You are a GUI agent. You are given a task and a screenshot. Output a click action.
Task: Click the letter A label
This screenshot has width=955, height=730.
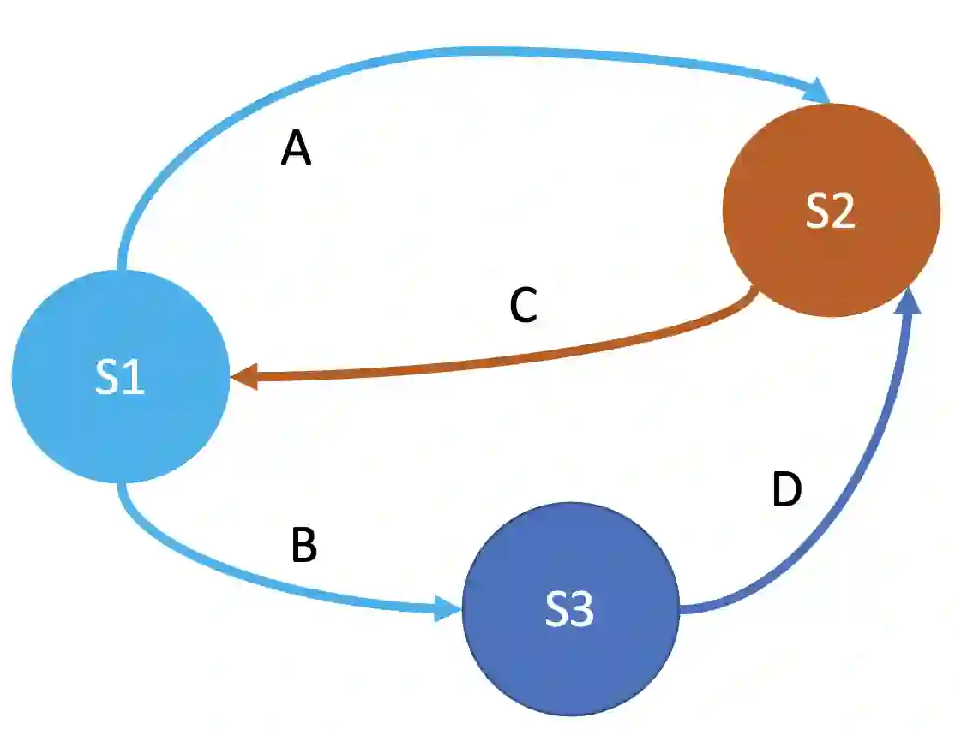pos(297,150)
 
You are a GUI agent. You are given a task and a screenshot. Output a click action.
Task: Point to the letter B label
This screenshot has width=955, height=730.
pos(304,545)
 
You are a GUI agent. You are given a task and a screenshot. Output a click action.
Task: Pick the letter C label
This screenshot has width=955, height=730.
pos(523,306)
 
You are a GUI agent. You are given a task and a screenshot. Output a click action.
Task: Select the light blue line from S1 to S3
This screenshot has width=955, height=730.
pos(257,583)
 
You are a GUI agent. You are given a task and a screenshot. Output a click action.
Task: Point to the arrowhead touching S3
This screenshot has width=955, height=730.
pos(447,608)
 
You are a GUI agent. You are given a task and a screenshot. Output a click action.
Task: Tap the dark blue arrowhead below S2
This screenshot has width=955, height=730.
pos(911,302)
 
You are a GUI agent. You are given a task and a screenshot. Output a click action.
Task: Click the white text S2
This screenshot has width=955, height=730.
pos(830,212)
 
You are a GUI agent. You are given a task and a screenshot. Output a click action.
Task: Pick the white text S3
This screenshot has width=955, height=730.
pos(570,611)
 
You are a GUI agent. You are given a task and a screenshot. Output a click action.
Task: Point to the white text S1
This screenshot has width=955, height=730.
pos(120,379)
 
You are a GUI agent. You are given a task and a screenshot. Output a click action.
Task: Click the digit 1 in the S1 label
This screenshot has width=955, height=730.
pos(133,379)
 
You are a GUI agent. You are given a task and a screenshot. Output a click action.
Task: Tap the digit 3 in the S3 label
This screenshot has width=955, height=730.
pos(582,611)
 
